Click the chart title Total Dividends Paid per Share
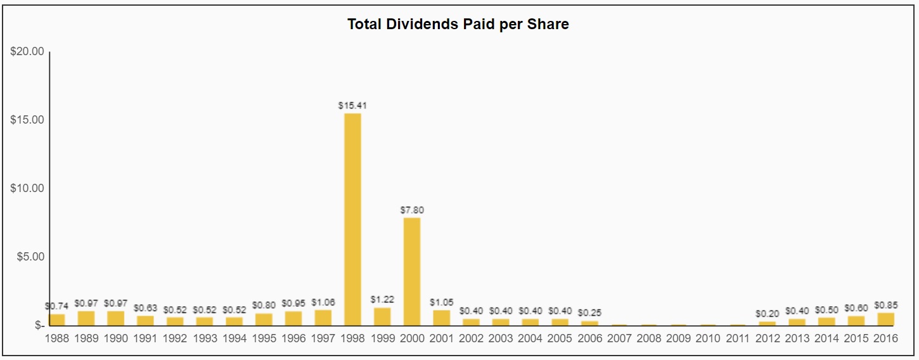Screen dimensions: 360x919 pos(458,25)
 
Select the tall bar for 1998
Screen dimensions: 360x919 pos(352,219)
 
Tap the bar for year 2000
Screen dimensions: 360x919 pos(412,271)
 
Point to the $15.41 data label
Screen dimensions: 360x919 pos(352,106)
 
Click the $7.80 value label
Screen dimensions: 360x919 pos(412,210)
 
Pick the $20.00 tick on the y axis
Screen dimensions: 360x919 pos(27,51)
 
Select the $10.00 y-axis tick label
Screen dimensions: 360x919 pos(27,188)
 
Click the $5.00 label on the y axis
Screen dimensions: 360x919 pos(29,257)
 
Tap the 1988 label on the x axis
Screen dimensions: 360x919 pos(57,338)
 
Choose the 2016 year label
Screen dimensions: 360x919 pos(885,338)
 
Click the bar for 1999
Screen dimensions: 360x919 pos(382,316)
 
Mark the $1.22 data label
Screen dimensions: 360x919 pos(382,299)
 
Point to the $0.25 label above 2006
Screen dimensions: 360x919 pos(589,312)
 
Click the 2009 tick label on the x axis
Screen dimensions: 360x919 pos(678,338)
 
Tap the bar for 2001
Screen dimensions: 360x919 pos(441,318)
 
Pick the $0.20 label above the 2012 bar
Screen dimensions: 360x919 pos(767,313)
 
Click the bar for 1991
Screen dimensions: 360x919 pos(145,320)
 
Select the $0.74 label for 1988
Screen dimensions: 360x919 pos(57,305)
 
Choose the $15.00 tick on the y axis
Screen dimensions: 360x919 pos(27,120)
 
